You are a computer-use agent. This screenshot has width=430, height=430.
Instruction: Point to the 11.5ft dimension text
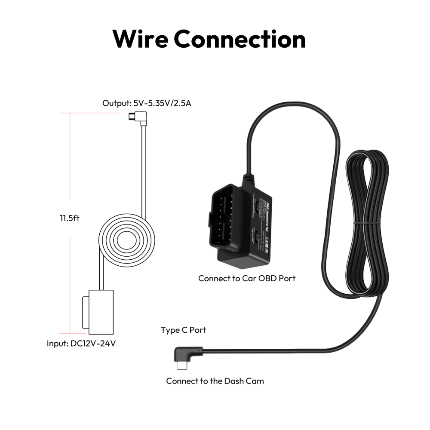pos(70,218)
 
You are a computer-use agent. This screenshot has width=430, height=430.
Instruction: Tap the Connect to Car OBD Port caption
pos(247,278)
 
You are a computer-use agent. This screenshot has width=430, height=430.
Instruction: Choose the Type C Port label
pos(183,330)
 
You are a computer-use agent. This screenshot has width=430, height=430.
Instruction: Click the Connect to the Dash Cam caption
pos(215,381)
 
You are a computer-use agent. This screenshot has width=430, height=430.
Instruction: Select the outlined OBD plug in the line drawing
pos(98,311)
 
